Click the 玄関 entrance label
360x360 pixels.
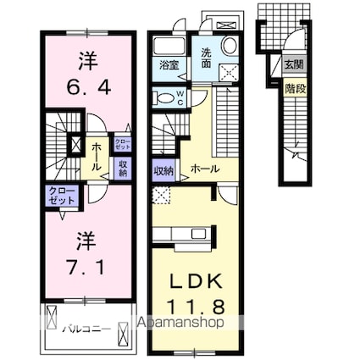point(291,64)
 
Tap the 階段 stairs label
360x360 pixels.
point(291,86)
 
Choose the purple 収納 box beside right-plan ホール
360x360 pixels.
point(163,169)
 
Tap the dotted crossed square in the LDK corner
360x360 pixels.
point(161,195)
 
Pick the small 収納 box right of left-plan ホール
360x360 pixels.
point(122,168)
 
